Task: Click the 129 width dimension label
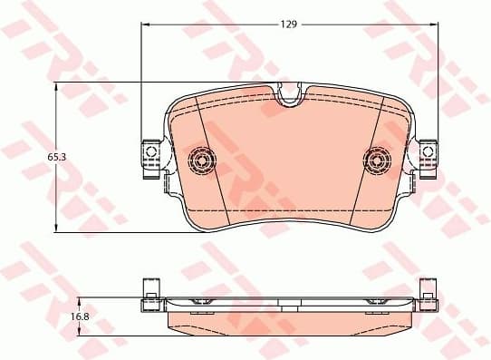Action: (287, 24)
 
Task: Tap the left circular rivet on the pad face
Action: (202, 161)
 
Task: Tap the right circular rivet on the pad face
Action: (376, 161)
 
